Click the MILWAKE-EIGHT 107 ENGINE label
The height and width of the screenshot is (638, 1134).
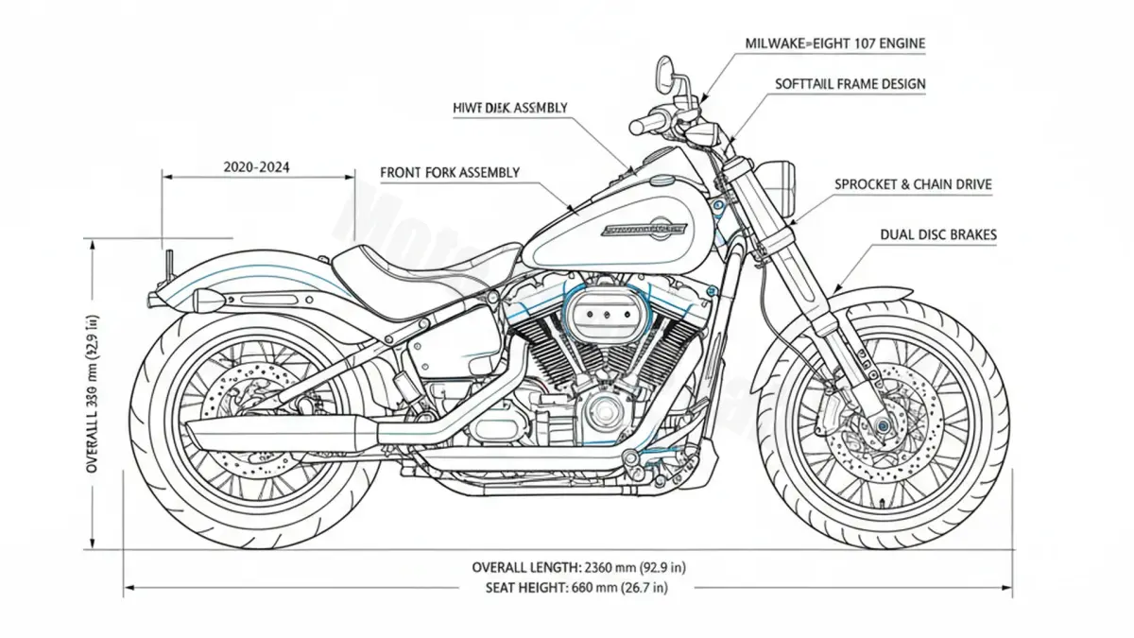point(833,43)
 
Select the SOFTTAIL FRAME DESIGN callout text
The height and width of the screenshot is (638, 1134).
point(850,84)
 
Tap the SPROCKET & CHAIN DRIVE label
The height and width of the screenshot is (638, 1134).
point(913,185)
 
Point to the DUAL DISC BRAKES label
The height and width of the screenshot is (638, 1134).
point(937,234)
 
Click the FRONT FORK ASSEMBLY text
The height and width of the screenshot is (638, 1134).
point(450,173)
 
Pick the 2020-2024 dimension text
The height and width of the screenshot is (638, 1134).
point(257,167)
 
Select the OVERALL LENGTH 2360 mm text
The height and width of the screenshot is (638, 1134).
point(578,567)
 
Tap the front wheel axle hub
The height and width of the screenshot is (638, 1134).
point(882,426)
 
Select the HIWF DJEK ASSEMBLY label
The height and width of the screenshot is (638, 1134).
point(510,108)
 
